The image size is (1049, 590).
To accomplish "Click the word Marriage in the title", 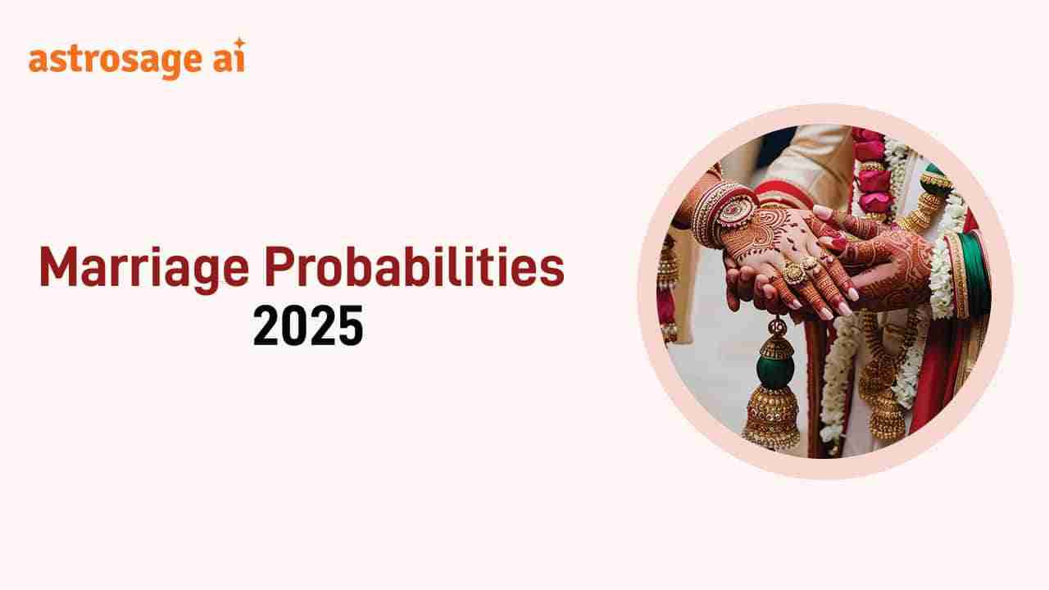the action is pos(144,268).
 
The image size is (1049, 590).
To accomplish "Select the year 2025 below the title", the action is pos(308,325).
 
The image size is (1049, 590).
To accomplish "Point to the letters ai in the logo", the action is pos(229,59).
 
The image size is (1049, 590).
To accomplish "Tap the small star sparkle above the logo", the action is pos(239,43).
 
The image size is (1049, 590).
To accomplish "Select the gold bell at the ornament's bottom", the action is pos(771,417).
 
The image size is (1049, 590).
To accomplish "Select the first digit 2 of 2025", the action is pos(266,325).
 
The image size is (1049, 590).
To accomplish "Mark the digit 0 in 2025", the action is pos(294,325).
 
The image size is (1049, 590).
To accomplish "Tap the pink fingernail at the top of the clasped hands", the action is pos(823,212).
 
